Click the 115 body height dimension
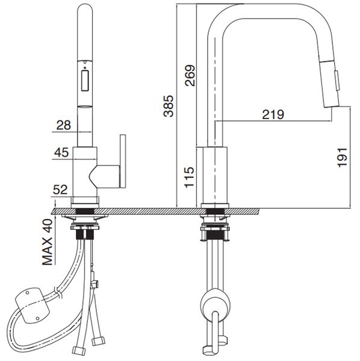[188, 178]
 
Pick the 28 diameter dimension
[63, 125]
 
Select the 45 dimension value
[61, 153]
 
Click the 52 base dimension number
[61, 190]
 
